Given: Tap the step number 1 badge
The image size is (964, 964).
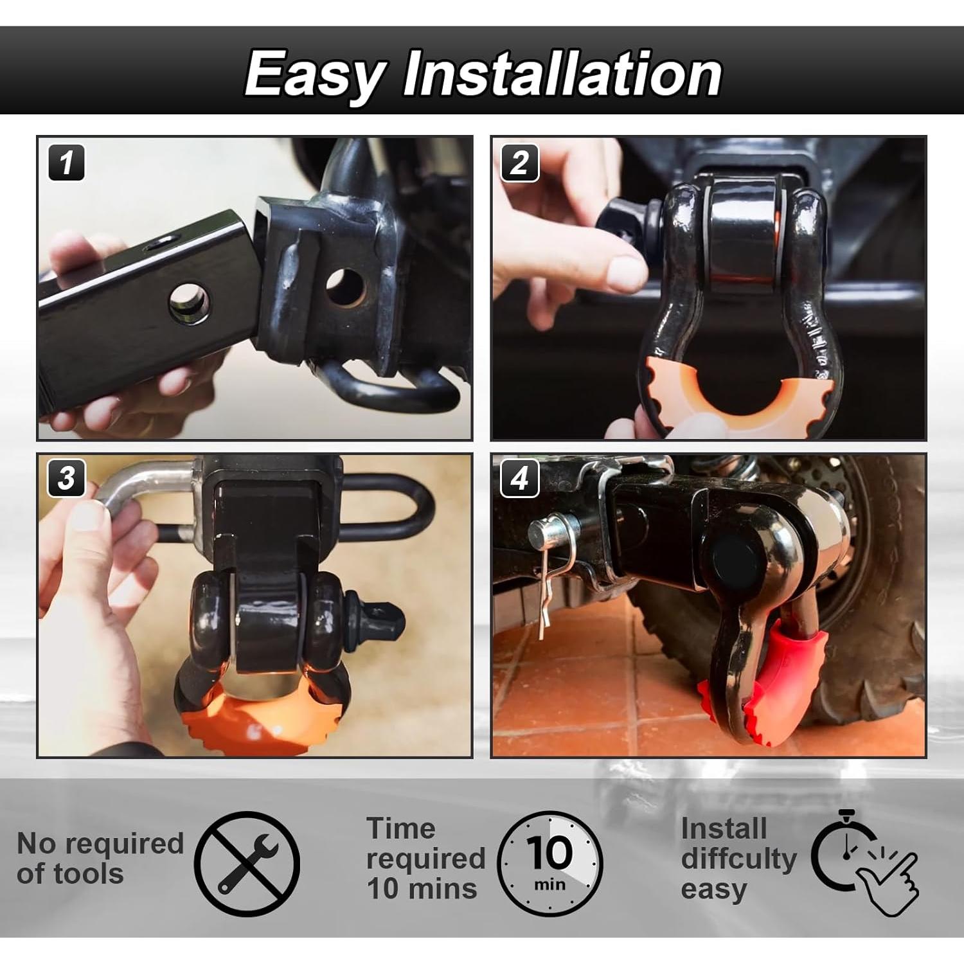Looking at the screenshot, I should (66, 163).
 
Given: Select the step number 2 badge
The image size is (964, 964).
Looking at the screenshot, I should (519, 163).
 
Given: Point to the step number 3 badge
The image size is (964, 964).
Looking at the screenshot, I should (66, 479).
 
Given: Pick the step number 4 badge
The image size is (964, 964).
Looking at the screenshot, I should (519, 479).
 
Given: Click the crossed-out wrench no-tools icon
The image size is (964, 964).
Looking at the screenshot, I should (247, 863).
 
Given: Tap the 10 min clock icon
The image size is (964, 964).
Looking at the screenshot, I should (550, 863).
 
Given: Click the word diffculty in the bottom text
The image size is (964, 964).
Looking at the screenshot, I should (738, 859).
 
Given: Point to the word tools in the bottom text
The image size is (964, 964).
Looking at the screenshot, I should (89, 874).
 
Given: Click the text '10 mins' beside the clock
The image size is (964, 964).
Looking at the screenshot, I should (422, 889).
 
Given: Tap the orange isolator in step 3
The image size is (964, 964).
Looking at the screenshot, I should (257, 720).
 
